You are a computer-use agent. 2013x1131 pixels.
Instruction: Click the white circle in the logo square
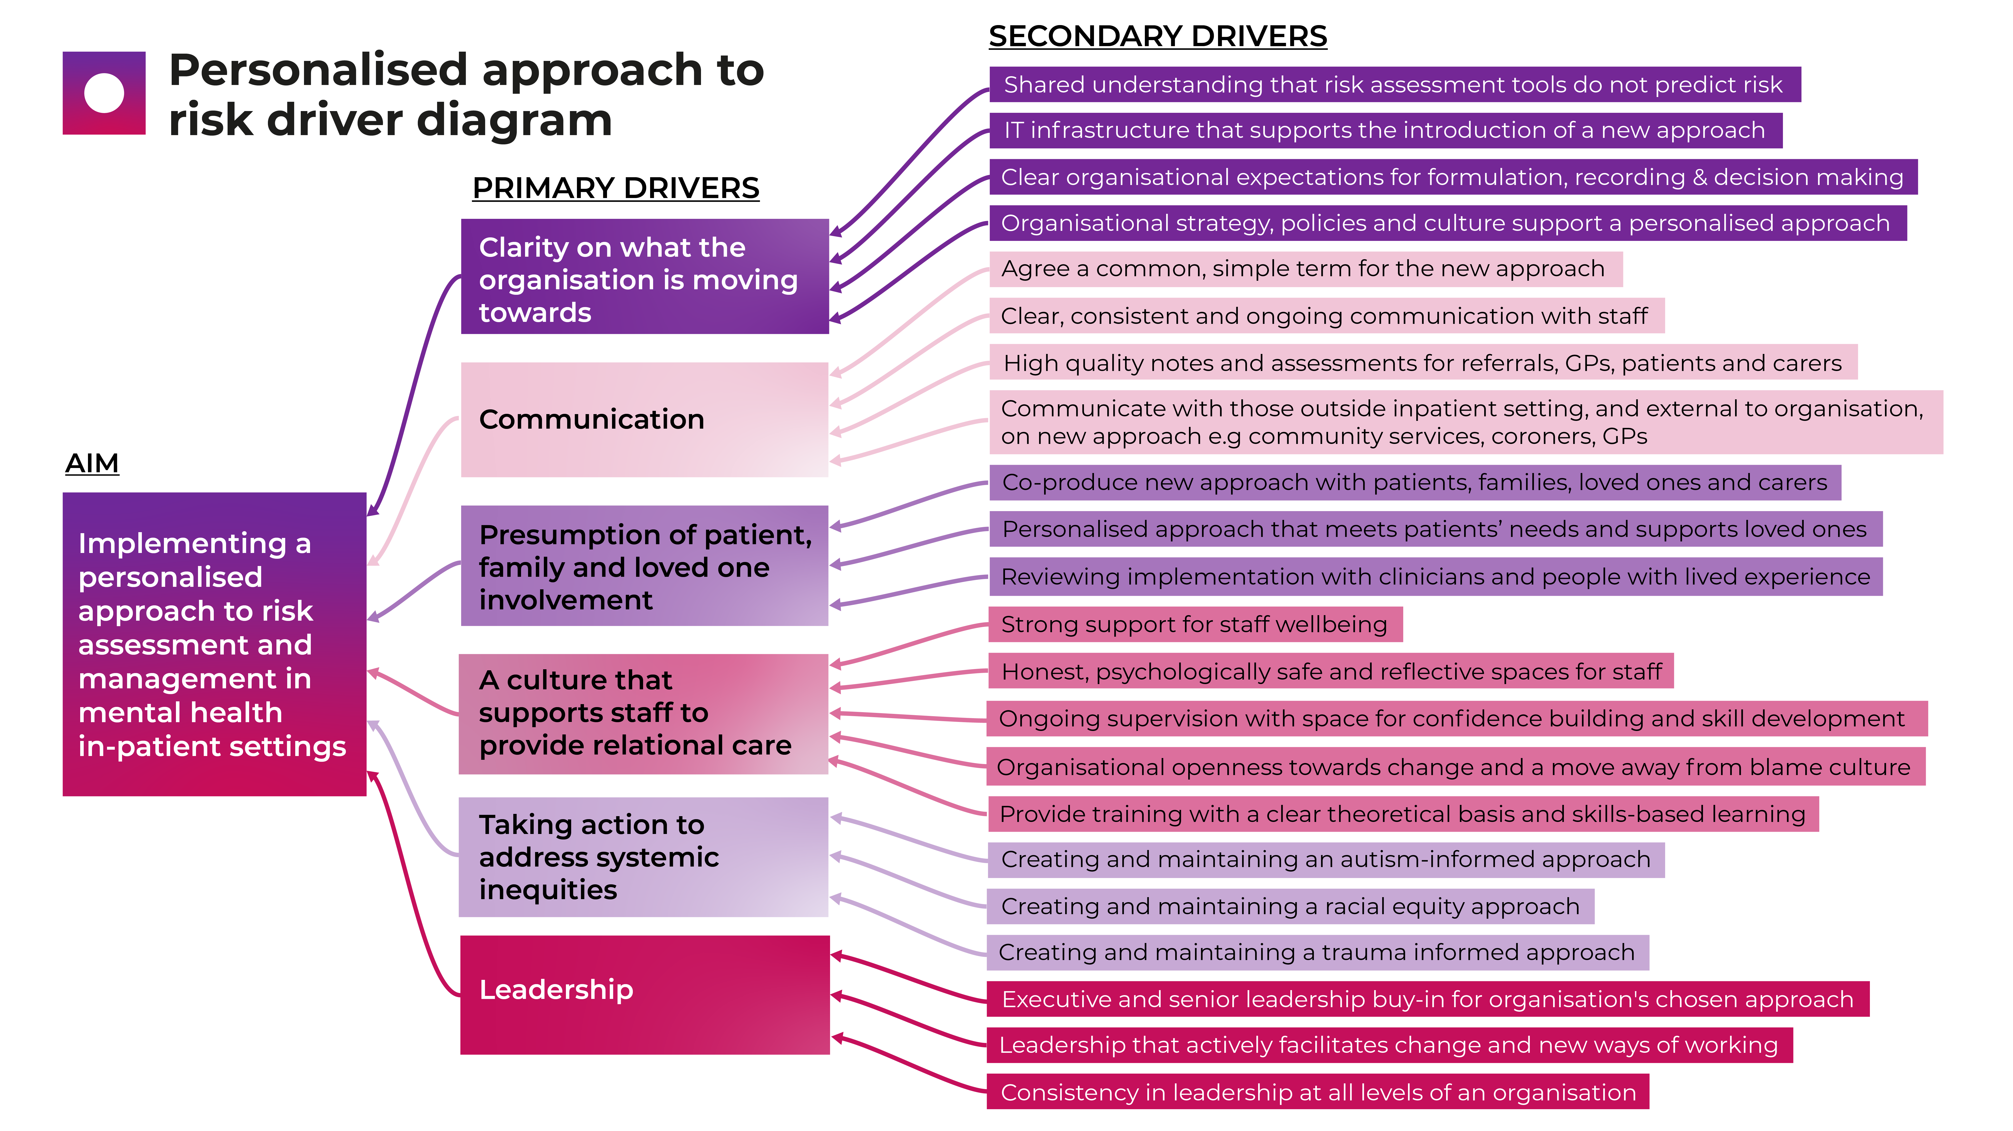pyautogui.click(x=104, y=93)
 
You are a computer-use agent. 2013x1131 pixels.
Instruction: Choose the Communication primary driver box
pyautogui.click(x=644, y=420)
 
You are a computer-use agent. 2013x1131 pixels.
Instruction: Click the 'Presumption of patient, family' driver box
pyautogui.click(x=644, y=566)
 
